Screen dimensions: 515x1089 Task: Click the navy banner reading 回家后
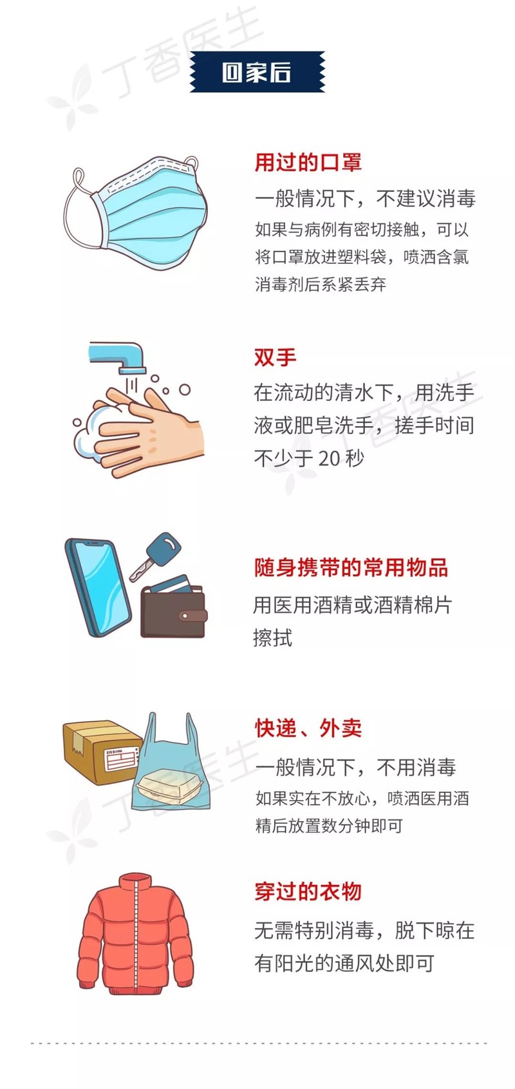pyautogui.click(x=257, y=72)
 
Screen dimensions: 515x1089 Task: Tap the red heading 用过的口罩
pyautogui.click(x=308, y=162)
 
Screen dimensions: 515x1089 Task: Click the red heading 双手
pyautogui.click(x=276, y=357)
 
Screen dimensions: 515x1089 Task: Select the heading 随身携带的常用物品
pyautogui.click(x=351, y=568)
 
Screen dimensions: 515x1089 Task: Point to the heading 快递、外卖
pyautogui.click(x=308, y=729)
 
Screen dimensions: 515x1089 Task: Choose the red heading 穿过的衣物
pyautogui.click(x=308, y=891)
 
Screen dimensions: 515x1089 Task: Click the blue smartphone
pyautogui.click(x=98, y=587)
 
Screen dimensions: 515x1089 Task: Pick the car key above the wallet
pyautogui.click(x=156, y=555)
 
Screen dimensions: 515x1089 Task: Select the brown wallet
pyautogui.click(x=174, y=608)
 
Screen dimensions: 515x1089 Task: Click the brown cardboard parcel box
pyautogui.click(x=102, y=751)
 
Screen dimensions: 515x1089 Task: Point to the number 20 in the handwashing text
pyautogui.click(x=329, y=458)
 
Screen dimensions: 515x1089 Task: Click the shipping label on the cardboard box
pyautogui.click(x=122, y=759)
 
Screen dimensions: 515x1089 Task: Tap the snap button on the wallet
pyautogui.click(x=185, y=616)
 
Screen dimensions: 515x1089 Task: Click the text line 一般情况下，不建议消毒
pyautogui.click(x=365, y=198)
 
